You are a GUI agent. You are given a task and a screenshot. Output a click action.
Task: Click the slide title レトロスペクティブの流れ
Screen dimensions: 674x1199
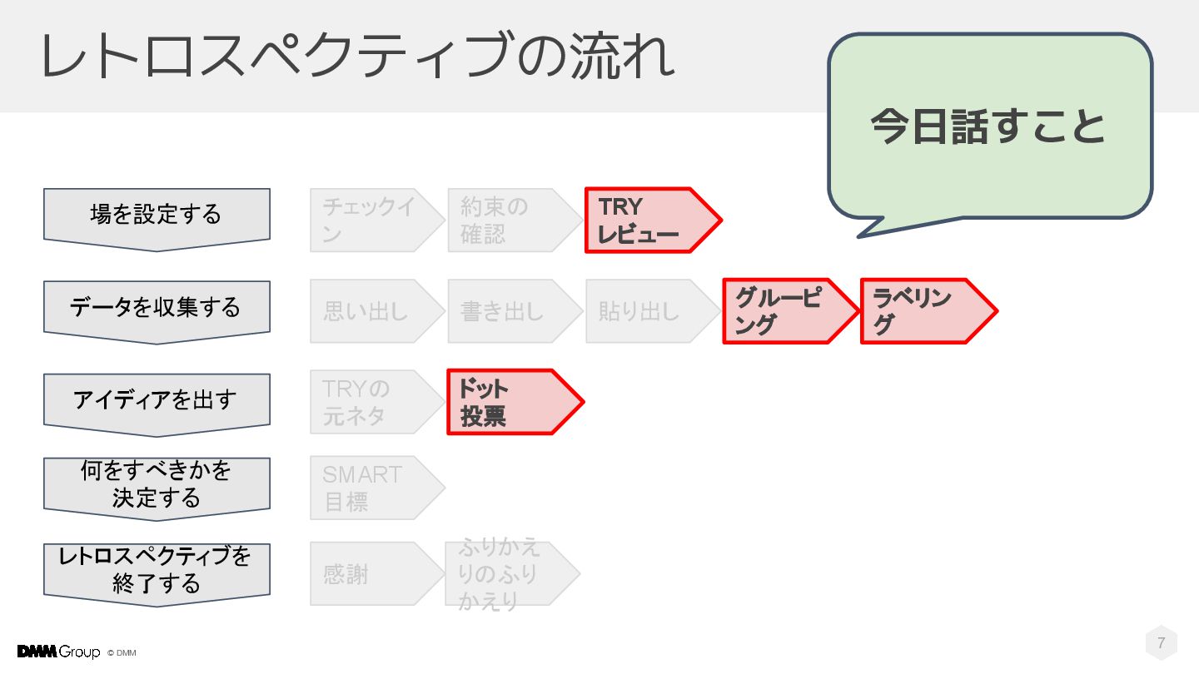(x=357, y=57)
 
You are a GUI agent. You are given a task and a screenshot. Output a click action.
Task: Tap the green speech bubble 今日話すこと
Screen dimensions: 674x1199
(x=989, y=126)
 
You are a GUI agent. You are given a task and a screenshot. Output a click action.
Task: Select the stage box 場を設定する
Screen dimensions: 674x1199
(x=157, y=216)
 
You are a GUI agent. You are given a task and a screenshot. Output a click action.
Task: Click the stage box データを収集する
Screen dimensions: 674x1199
(x=157, y=308)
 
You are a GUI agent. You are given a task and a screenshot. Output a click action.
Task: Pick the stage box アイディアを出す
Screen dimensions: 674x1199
(x=157, y=400)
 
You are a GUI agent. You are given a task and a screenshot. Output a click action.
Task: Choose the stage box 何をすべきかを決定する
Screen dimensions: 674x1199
(x=157, y=485)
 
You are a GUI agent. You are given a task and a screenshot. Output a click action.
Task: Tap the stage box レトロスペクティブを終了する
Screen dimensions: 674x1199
(x=157, y=571)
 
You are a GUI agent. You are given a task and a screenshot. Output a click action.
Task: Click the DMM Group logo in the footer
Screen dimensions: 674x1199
(x=58, y=652)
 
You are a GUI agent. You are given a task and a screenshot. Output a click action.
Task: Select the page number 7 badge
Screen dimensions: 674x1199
(x=1162, y=643)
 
